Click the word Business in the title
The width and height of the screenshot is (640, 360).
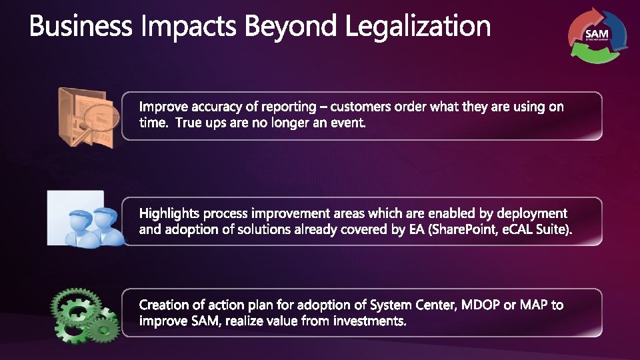tap(81, 26)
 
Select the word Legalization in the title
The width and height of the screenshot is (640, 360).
tap(417, 26)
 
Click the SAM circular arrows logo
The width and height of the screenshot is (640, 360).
tap(597, 35)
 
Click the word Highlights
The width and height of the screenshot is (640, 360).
tap(169, 214)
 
